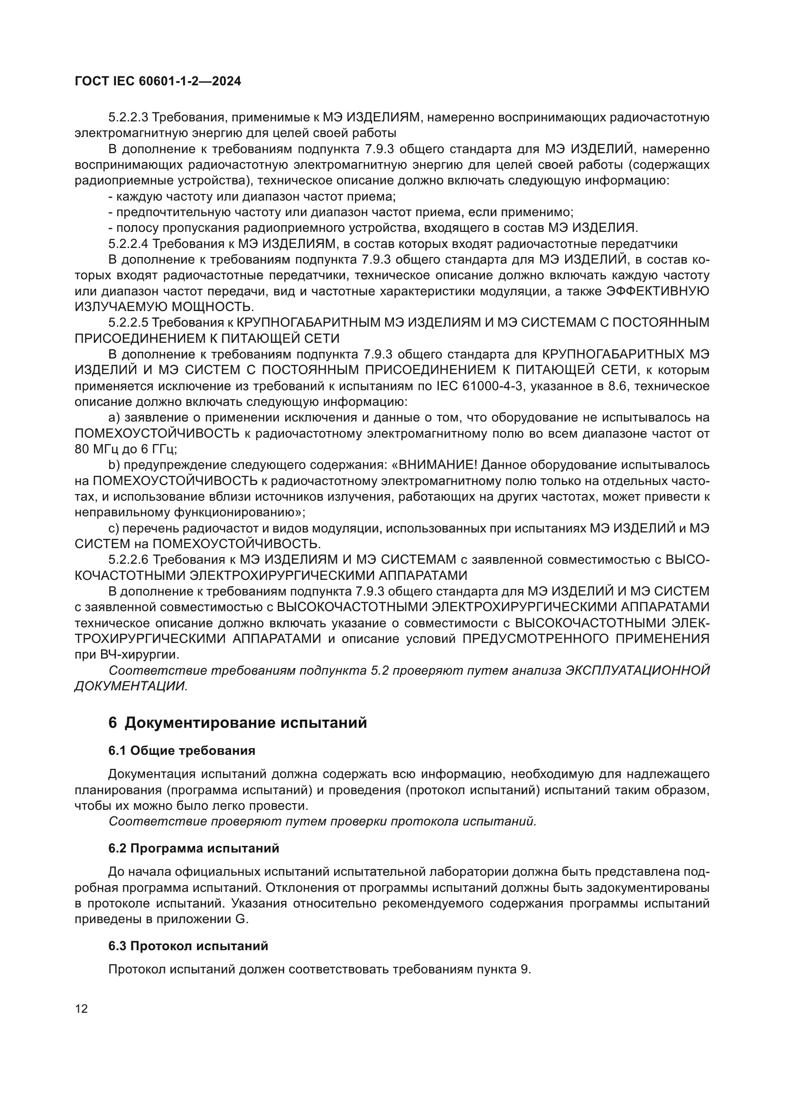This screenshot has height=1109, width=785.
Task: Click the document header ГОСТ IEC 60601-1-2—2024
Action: coord(158,82)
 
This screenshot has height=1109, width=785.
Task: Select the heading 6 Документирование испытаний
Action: coord(237,723)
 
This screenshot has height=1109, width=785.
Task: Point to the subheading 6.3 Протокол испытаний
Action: coord(188,946)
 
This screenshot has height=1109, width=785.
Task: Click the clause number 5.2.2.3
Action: coord(129,118)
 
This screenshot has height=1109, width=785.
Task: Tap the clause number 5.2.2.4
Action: coord(129,244)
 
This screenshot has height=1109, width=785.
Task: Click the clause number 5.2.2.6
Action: coord(129,560)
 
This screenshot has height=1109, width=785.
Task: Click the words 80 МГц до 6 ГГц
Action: coord(126,449)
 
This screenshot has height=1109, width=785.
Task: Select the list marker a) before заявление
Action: coord(114,418)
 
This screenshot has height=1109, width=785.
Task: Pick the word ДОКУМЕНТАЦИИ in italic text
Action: coord(131,686)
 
